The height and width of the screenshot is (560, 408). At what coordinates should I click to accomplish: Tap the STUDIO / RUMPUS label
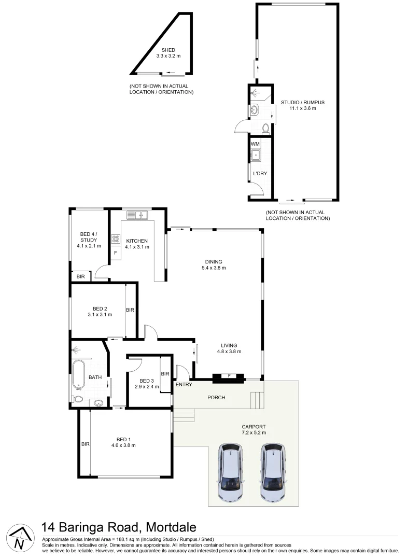click(299, 102)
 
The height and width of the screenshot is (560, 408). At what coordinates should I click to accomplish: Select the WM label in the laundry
click(255, 144)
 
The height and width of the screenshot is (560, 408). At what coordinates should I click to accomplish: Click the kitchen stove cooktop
click(116, 240)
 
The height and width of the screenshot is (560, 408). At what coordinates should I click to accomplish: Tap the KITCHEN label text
click(137, 241)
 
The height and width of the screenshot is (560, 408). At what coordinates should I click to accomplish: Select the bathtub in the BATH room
click(79, 374)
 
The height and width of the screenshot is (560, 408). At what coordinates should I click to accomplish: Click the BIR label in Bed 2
click(130, 310)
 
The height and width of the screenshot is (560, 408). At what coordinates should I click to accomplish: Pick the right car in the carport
click(274, 473)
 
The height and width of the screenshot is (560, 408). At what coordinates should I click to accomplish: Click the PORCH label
click(216, 398)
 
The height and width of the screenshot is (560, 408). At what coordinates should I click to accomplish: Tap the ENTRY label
click(184, 384)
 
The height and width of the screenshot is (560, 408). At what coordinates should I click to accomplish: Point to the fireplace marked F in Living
click(229, 376)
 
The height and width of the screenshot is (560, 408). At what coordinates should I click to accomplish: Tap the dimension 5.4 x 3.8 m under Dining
click(214, 268)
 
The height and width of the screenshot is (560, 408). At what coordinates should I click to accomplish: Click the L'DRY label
click(260, 173)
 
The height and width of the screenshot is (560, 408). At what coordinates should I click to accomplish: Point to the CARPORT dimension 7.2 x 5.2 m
click(254, 432)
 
